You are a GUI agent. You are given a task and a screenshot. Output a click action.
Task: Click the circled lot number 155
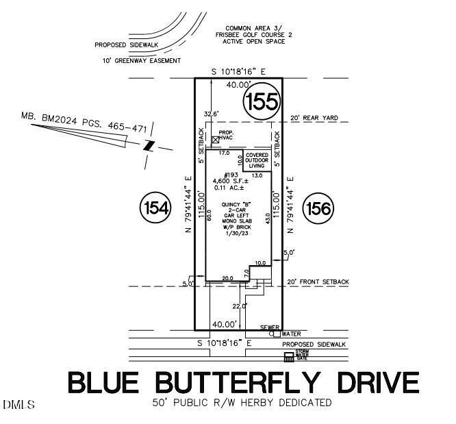(x=262, y=102)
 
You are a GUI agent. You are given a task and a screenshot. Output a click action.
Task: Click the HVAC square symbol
(x=215, y=140)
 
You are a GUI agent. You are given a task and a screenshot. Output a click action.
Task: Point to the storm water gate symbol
(x=288, y=357)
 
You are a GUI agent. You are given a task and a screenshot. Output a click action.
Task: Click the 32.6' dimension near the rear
(x=211, y=113)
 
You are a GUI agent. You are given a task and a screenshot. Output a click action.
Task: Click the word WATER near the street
(x=290, y=334)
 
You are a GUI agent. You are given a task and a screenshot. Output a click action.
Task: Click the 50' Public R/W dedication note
(x=242, y=403)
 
